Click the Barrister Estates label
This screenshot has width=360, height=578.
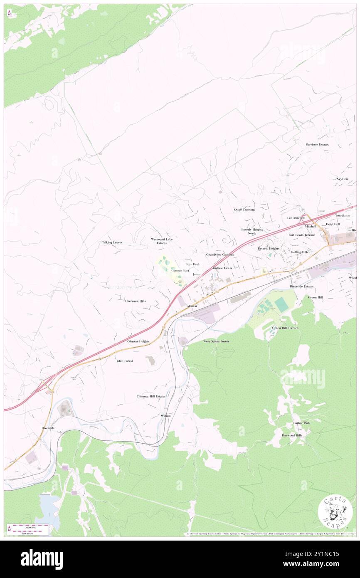coord(317,144)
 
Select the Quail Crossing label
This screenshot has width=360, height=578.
coord(244,210)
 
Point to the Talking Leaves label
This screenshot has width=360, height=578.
coord(112,242)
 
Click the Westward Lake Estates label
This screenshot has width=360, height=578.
coord(161,241)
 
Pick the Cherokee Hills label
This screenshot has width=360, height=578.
coord(135,301)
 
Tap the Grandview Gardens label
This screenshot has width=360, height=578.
coord(219,254)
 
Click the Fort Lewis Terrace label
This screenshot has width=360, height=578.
coord(302,235)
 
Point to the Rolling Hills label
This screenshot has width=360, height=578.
coord(299,252)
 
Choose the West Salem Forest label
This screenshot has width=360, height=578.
coord(216,341)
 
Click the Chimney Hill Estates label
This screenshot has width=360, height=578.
coord(150,396)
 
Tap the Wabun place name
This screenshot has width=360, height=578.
coord(165,415)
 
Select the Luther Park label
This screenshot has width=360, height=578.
coord(301,423)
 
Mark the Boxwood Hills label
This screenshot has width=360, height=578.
coord(292,435)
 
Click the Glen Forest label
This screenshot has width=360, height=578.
coord(125,361)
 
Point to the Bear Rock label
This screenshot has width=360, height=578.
coord(192,264)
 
